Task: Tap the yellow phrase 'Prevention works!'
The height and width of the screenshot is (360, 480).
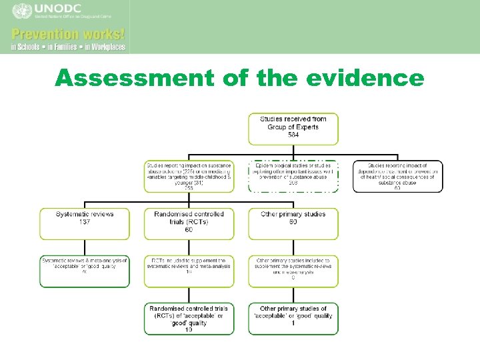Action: pos(67,34)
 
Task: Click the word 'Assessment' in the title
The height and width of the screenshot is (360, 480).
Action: pos(134,79)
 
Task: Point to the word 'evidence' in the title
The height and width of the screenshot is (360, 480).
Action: pos(365,79)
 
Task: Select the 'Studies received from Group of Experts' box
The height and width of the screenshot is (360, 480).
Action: pos(293,129)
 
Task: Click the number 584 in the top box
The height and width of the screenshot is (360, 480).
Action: pos(293,135)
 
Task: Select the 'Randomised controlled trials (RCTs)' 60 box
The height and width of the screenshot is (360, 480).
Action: pos(189,224)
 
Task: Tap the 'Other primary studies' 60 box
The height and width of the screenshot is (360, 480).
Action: pos(293,224)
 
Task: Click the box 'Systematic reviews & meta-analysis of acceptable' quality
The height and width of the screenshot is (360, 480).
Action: pos(85,271)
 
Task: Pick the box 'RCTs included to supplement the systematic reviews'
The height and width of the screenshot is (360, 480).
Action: pos(189,271)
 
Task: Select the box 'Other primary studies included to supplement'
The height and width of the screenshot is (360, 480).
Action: pos(293,271)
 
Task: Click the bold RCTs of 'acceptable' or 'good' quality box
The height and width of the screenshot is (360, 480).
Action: pos(189,319)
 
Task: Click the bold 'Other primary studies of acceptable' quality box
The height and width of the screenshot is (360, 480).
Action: pos(293,319)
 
